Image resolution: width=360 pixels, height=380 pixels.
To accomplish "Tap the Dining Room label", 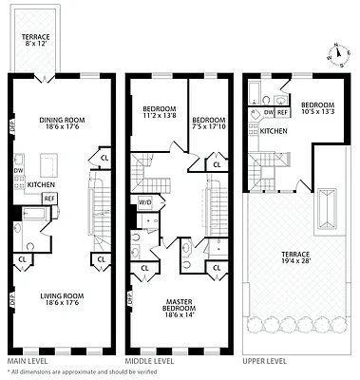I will [63, 124].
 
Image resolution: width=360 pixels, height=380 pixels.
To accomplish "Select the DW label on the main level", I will [18, 171].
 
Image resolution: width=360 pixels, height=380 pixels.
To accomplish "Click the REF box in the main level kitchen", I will [49, 198].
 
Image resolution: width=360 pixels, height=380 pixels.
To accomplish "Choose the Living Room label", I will [63, 300].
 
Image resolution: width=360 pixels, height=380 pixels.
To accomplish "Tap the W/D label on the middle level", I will [145, 202].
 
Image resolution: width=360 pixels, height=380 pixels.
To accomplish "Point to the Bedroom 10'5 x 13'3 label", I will [317, 107].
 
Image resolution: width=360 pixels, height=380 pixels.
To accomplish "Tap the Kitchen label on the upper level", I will [275, 131].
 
